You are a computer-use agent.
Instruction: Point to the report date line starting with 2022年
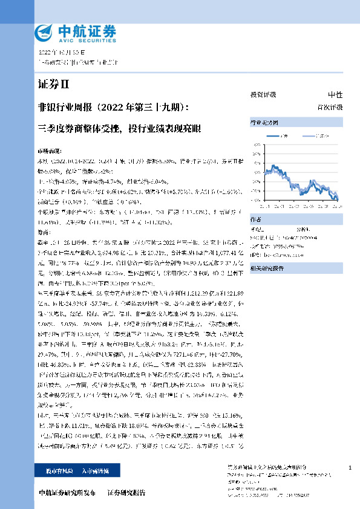(61, 53)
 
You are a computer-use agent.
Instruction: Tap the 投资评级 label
(263, 95)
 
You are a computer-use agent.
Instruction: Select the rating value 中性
(335, 95)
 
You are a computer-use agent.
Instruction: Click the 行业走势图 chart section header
(263, 123)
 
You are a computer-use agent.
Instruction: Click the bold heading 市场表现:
(50, 148)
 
